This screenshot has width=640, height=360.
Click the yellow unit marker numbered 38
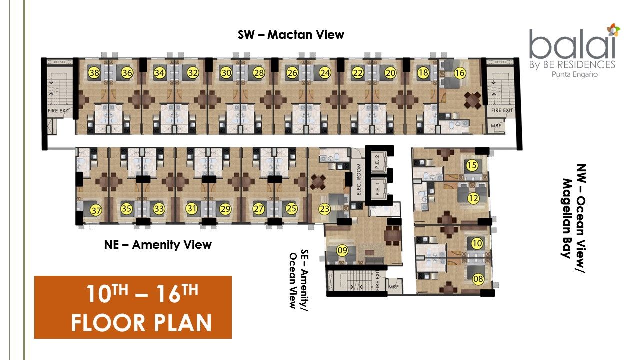tap(94, 73)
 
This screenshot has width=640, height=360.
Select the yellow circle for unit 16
tap(459, 73)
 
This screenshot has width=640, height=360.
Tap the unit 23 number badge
tap(324, 209)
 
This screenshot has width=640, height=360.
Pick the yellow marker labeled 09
tap(342, 251)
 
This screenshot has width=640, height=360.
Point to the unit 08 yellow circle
tap(478, 279)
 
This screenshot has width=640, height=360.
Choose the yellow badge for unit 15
tap(472, 165)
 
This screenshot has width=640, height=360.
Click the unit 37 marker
tap(96, 211)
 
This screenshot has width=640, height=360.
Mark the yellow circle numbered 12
tap(473, 198)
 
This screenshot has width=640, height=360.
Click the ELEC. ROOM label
tap(359, 179)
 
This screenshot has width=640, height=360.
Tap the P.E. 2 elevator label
tap(377, 161)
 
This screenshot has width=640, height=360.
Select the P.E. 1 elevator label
tap(377, 189)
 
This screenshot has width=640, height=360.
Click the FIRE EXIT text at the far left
tap(58, 111)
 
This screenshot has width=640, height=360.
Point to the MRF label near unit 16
tap(496, 126)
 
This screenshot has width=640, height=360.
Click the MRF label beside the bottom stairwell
tap(393, 286)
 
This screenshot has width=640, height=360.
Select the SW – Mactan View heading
tap(291, 35)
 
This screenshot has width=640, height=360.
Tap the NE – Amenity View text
tap(158, 245)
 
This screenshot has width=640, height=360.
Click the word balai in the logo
tap(572, 45)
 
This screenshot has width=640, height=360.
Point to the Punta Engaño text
tap(575, 75)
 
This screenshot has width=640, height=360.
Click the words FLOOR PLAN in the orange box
tap(141, 323)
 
